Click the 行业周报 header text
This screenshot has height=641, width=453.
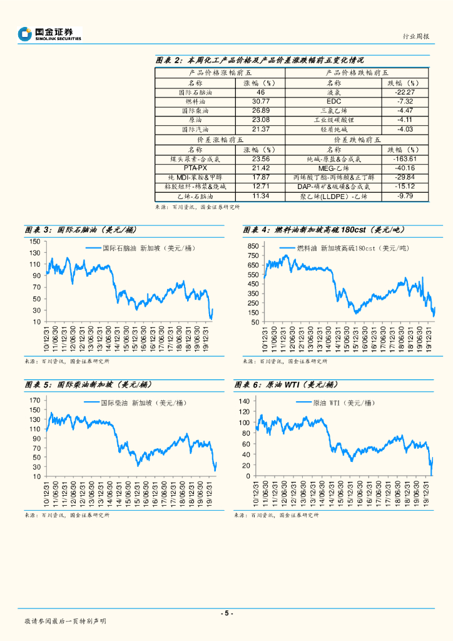(415, 37)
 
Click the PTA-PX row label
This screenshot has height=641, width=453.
(195, 168)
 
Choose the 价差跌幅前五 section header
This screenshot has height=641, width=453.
(357, 140)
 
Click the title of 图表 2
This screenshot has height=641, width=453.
(259, 60)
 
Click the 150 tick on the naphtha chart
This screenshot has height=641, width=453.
(35, 242)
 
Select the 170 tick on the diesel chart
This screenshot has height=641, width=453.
(35, 399)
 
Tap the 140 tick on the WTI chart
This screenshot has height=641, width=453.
(244, 401)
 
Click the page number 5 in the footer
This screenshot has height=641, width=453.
(227, 613)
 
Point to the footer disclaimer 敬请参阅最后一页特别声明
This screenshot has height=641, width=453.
(65, 621)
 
